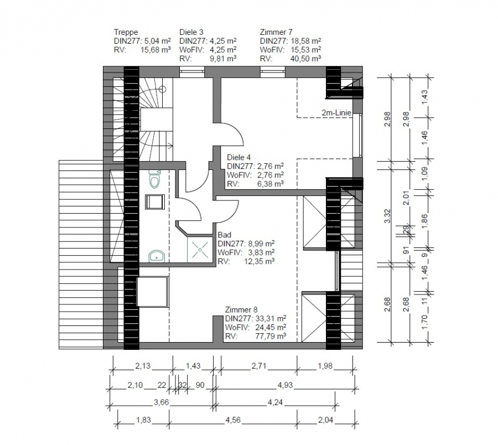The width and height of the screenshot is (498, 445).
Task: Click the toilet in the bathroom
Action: pos(155,179)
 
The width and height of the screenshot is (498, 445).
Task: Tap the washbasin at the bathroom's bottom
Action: pos(157,256)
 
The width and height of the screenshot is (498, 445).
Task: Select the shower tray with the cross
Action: pos(200,249)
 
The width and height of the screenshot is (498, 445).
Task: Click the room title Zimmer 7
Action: pos(276,32)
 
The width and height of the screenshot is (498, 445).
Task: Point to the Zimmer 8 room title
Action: pos(241,310)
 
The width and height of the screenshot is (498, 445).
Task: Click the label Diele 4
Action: pos(239,157)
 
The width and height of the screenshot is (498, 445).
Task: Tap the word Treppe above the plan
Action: pos(126,33)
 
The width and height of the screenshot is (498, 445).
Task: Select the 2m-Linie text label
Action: pos(336,113)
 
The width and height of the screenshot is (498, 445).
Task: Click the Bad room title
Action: pos(224,235)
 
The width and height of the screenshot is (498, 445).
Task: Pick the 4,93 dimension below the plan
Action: pos(285,385)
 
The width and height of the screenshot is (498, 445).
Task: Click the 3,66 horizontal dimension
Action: pos(162,402)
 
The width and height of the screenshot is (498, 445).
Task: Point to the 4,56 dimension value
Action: pos(233,420)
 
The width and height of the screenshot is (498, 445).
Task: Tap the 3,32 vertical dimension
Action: pos(387,216)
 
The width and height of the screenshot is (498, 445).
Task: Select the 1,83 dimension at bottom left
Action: pos(143,420)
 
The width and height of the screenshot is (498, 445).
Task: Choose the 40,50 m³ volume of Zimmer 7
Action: pos(305,59)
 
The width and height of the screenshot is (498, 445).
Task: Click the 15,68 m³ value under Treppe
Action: pos(155,50)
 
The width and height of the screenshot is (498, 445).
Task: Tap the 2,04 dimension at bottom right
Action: pos(326,420)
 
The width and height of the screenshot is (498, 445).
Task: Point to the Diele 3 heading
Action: pos(191,32)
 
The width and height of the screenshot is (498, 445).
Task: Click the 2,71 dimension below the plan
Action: pos(259,366)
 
